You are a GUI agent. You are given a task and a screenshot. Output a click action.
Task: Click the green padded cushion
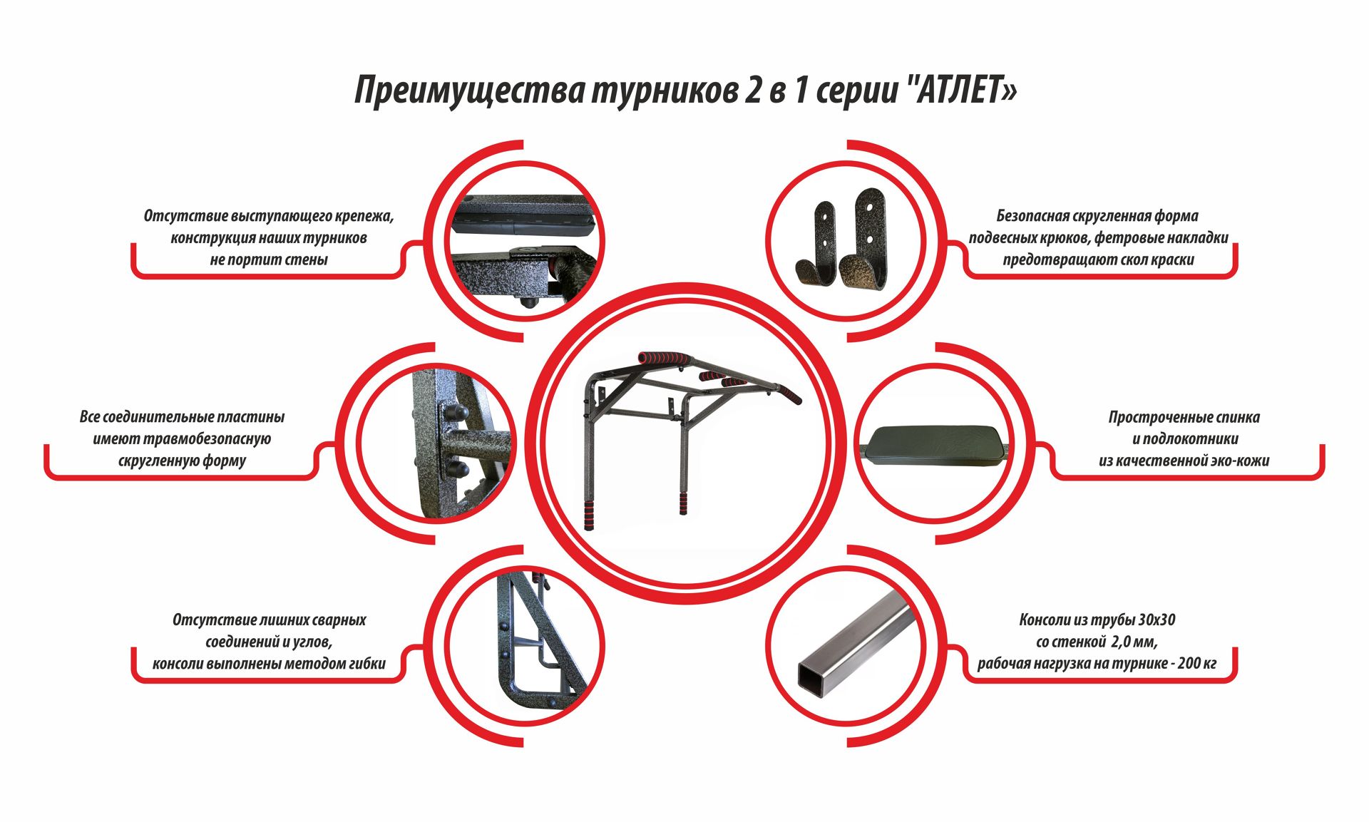[933, 446]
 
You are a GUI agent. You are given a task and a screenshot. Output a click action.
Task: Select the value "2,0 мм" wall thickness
[1133, 642]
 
